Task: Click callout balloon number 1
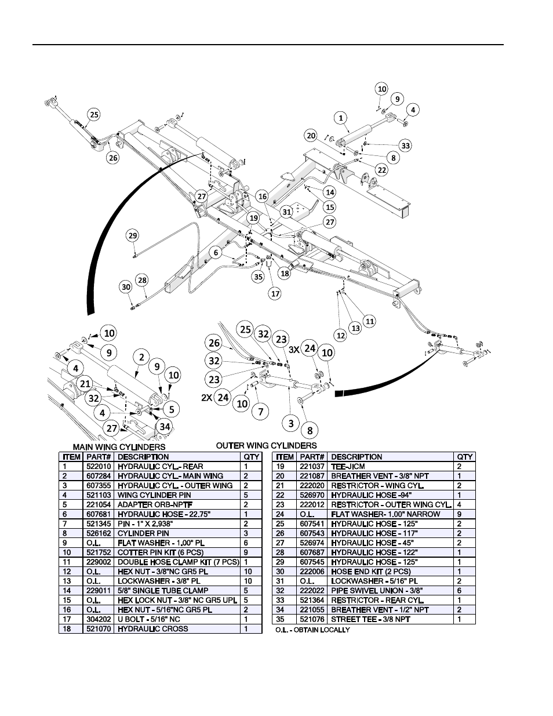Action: (341, 118)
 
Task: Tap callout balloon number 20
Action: (311, 135)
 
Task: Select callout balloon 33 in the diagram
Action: (405, 146)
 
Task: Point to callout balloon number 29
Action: (133, 235)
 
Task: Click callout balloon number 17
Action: (275, 293)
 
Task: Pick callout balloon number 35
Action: (258, 277)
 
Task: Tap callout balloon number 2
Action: (141, 357)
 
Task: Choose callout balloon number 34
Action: (165, 427)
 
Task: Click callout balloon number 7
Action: (261, 412)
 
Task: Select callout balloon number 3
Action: (291, 423)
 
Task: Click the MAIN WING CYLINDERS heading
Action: (119, 447)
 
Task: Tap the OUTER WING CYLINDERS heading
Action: (266, 445)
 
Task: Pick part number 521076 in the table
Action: (311, 619)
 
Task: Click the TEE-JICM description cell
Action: (348, 466)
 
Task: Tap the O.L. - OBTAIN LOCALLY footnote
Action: (312, 630)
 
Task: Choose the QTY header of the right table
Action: (465, 457)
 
